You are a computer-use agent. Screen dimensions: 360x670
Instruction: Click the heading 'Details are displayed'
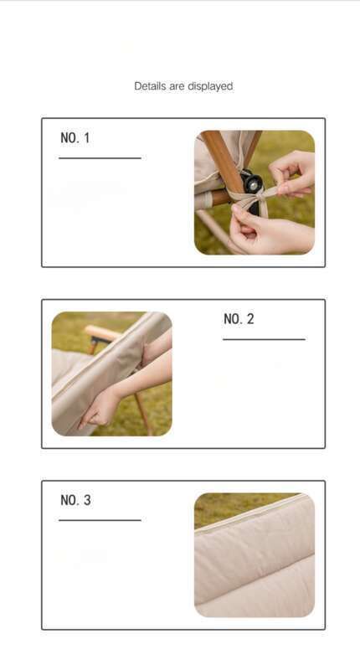click(183, 86)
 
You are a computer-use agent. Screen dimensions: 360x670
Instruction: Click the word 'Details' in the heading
click(151, 86)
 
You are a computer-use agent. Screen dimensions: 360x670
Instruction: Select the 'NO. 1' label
click(75, 138)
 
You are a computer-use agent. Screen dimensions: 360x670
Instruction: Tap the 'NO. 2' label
click(239, 319)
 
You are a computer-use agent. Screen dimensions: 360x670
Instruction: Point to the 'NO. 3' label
click(75, 500)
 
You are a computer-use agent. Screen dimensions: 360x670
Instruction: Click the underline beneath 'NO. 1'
click(100, 158)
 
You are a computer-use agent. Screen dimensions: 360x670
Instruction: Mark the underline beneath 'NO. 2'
click(264, 339)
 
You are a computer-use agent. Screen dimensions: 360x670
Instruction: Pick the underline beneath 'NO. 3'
click(100, 520)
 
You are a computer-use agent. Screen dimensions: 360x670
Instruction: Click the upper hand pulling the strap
click(293, 174)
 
